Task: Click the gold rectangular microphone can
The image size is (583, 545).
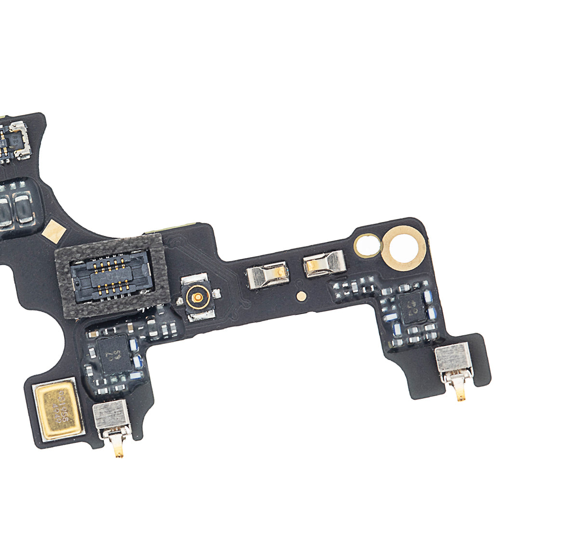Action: click(x=56, y=408)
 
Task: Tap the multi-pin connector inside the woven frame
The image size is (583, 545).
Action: click(x=109, y=275)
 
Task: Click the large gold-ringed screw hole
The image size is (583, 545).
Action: click(x=404, y=247)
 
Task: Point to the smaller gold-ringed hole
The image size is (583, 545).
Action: click(x=367, y=245)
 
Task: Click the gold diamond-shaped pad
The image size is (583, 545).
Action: click(x=54, y=232)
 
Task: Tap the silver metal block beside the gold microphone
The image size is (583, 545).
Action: click(x=111, y=415)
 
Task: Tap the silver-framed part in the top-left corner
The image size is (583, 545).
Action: click(x=19, y=140)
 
